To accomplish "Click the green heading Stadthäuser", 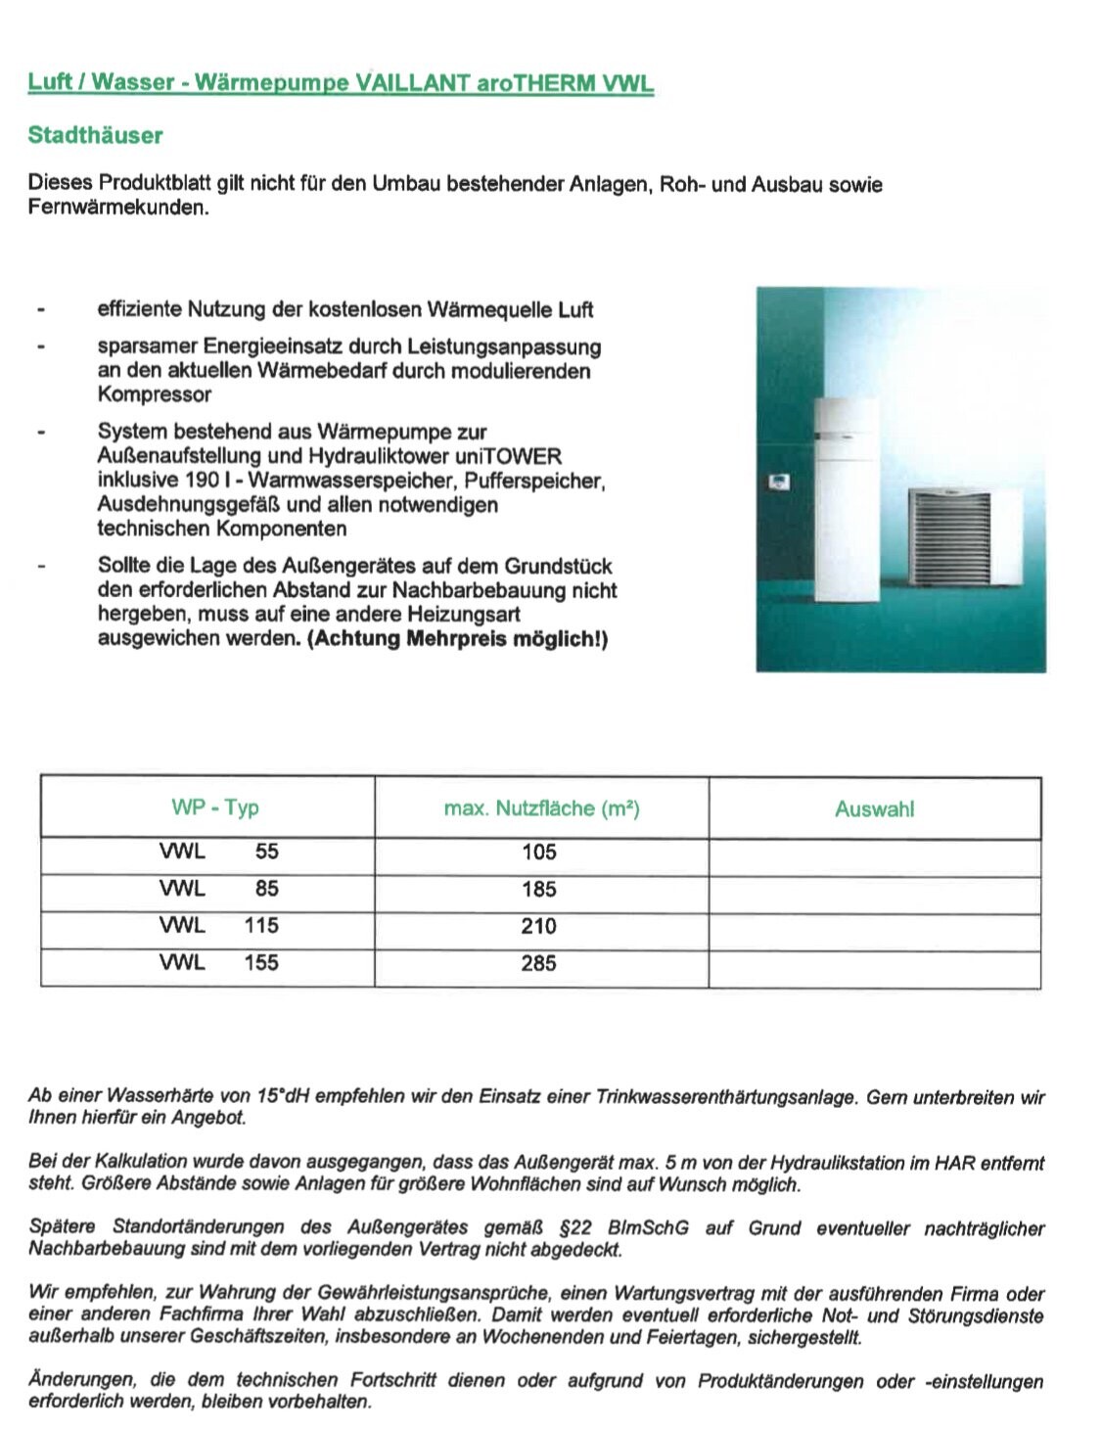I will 95,135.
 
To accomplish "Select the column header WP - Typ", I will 214,807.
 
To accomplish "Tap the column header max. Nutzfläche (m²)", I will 541,808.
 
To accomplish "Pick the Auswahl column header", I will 874,809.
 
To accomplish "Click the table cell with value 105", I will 539,853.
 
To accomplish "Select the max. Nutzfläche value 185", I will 539,890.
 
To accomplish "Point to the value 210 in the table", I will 539,926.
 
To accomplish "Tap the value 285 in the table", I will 539,963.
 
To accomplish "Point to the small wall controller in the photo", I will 780,482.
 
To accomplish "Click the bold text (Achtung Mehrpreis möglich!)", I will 457,639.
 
